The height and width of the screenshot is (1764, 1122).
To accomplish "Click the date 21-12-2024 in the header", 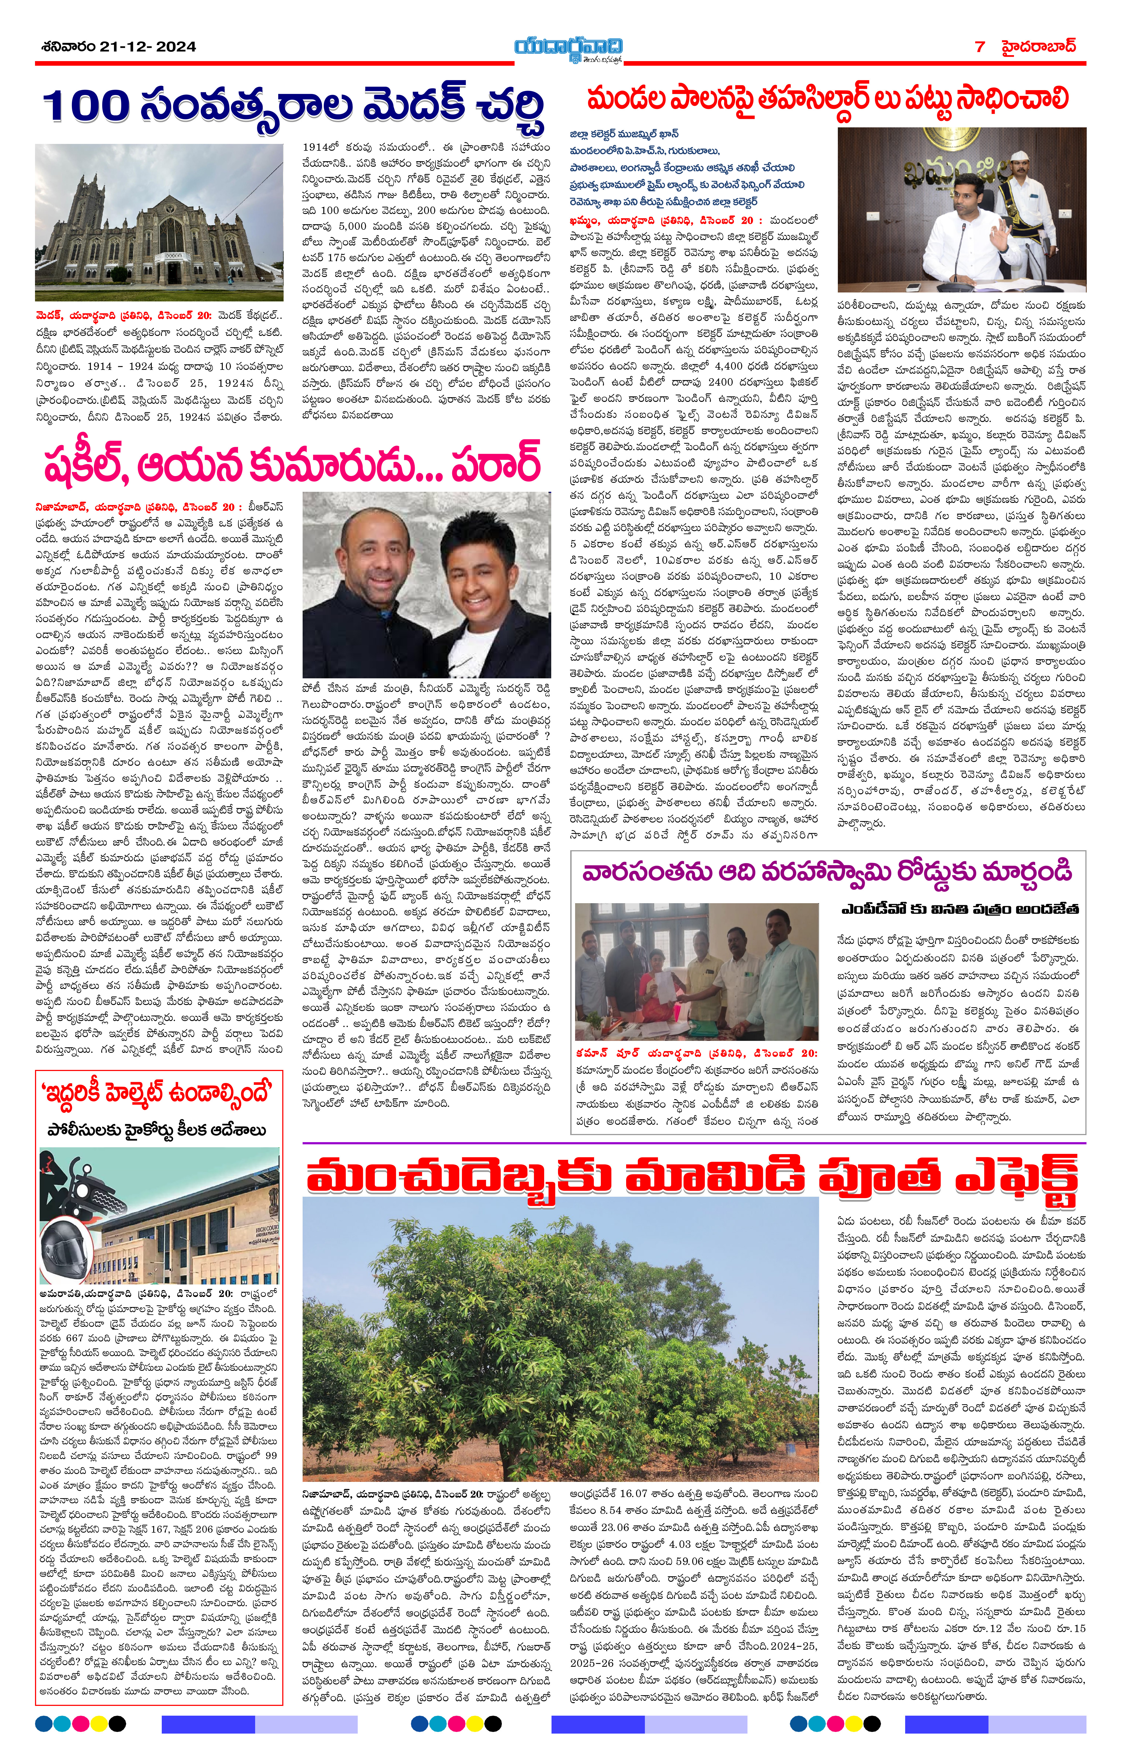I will pos(152,46).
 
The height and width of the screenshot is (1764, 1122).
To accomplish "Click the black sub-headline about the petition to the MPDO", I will pos(959,909).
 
